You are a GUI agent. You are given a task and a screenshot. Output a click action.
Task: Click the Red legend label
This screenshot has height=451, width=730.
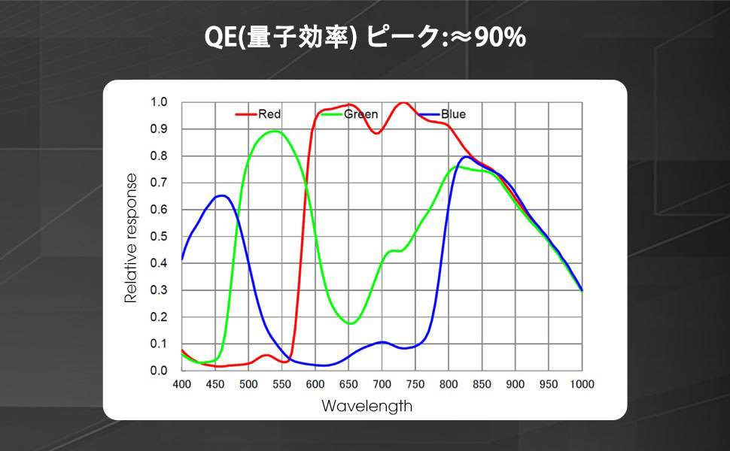[269, 114]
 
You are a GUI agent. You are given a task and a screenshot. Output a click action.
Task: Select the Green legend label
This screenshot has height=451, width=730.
[361, 114]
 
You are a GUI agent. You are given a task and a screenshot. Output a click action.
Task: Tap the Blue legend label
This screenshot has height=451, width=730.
[454, 114]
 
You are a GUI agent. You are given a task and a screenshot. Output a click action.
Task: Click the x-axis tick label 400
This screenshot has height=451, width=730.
[182, 384]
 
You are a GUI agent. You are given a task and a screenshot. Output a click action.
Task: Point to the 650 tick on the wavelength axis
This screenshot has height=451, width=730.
[348, 384]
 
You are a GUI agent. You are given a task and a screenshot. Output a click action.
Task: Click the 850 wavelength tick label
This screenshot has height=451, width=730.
[482, 384]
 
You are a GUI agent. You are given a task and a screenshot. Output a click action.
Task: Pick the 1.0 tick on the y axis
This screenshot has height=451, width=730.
[159, 102]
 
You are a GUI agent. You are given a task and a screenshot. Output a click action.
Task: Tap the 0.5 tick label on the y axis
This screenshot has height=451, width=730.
[159, 236]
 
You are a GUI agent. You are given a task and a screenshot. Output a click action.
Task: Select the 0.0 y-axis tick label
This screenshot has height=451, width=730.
[159, 371]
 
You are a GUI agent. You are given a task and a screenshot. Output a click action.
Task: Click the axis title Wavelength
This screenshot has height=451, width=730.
[367, 406]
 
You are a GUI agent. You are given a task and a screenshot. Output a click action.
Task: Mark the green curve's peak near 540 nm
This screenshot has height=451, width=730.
[275, 131]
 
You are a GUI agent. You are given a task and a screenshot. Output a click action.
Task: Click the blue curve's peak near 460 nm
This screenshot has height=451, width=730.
[222, 195]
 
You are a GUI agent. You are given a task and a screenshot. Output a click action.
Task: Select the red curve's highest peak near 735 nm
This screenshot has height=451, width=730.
[403, 102]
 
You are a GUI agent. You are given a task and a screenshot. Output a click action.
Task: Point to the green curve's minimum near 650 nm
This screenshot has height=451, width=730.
[351, 323]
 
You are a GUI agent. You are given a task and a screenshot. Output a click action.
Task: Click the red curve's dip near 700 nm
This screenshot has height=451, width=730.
[377, 133]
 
